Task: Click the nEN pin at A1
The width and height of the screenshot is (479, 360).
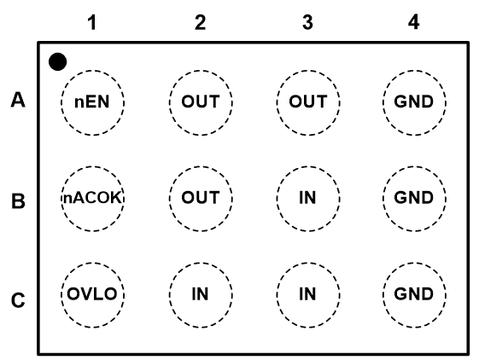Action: point(92,102)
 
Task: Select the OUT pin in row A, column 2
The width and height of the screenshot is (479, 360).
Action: point(201,102)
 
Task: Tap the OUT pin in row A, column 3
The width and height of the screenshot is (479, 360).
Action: point(308,102)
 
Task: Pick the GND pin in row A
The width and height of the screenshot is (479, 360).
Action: point(414,102)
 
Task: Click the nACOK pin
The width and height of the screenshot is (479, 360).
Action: point(92,199)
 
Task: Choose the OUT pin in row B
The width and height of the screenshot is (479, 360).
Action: point(201,199)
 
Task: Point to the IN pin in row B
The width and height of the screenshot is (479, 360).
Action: point(308,199)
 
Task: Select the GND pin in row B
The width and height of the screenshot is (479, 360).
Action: point(414,199)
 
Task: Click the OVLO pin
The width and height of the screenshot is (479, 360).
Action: point(92,294)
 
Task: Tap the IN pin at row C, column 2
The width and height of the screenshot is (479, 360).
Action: point(201,294)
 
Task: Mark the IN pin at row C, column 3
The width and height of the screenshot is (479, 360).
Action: point(308,294)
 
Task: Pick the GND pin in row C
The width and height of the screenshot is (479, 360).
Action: point(414,294)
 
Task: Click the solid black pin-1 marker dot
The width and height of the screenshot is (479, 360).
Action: point(57,61)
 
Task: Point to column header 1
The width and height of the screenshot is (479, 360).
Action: point(92,22)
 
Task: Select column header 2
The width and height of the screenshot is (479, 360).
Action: point(200,22)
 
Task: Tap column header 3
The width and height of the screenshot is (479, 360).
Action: point(307,22)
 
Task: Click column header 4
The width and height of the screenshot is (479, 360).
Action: point(413,22)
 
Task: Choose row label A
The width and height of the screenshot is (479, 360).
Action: point(18,100)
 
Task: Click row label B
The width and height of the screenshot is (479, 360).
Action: point(18,201)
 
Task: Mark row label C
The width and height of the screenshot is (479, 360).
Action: point(18,300)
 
